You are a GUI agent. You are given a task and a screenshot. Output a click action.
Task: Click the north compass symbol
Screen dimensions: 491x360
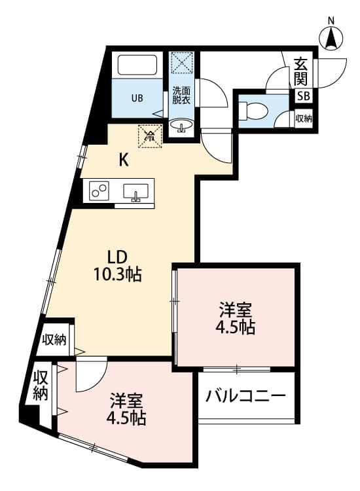[332, 38]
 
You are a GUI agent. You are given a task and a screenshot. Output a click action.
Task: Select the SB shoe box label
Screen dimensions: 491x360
[304, 96]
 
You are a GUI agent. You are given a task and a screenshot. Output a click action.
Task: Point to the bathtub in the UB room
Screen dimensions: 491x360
[137, 65]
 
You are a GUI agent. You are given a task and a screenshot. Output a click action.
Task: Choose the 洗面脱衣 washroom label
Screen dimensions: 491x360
[181, 95]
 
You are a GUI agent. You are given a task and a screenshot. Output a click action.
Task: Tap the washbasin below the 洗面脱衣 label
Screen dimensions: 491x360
[181, 124]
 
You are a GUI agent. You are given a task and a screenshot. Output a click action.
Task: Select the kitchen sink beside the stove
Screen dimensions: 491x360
[136, 192]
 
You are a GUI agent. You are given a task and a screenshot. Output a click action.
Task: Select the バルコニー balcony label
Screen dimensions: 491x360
[245, 397]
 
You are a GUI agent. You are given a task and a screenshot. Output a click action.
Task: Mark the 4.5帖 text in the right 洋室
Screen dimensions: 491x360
[237, 327]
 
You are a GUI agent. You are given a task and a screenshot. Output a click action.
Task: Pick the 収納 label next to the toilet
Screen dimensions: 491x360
[304, 118]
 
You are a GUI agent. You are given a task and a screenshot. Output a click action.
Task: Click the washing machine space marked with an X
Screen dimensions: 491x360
[181, 64]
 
